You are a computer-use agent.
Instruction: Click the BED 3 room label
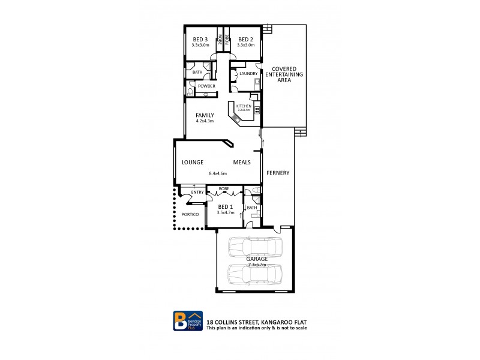[x=200, y=39]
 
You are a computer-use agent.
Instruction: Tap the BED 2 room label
[x=245, y=39]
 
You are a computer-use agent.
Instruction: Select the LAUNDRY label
[x=248, y=74]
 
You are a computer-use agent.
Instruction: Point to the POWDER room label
[x=206, y=86]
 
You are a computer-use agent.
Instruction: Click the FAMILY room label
[x=205, y=115]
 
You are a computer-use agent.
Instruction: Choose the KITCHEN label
[x=244, y=106]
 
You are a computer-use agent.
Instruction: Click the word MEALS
[x=242, y=162]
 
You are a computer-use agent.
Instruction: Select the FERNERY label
[x=278, y=173]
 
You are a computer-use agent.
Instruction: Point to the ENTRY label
[x=197, y=193]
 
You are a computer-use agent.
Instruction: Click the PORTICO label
[x=190, y=214]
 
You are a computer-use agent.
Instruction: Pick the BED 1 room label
[x=226, y=206]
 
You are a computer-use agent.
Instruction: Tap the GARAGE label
[x=256, y=259]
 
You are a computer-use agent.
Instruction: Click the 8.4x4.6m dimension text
[x=218, y=174]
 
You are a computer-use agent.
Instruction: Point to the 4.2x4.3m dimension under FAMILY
[x=205, y=121]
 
